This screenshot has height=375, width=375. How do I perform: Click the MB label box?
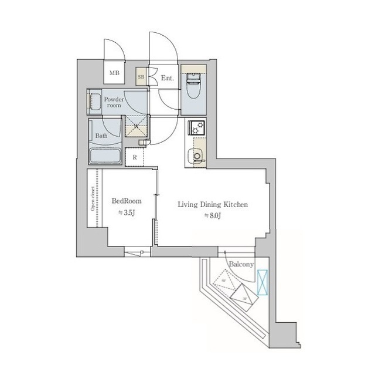(x=113, y=75)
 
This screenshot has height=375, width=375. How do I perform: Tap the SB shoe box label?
(x=141, y=76)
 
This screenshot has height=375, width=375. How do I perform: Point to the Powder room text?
(x=113, y=102)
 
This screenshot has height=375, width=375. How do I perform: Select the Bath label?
(x=101, y=136)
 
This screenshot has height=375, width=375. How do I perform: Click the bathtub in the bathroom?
(x=105, y=156)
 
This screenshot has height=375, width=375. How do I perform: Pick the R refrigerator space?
(x=135, y=157)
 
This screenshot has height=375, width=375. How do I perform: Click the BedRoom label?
(x=127, y=201)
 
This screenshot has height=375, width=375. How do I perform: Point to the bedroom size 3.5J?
(x=127, y=212)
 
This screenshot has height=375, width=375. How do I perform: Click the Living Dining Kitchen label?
(x=214, y=205)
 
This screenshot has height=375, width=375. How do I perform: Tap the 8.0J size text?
(x=214, y=216)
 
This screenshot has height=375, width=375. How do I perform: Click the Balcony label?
(x=241, y=264)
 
